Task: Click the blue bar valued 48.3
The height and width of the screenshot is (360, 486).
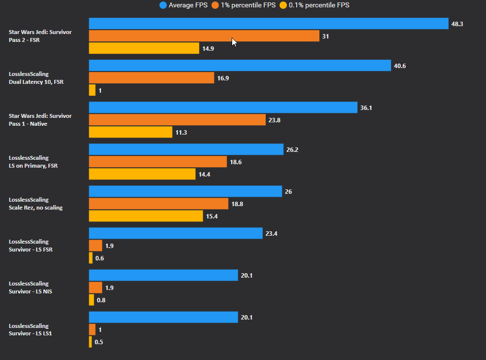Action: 268,24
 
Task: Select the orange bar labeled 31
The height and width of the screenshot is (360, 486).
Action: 204,36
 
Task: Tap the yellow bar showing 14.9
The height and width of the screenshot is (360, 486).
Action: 144,48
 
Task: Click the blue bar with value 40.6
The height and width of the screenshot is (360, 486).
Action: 240,66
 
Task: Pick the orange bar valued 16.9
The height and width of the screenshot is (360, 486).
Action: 151,78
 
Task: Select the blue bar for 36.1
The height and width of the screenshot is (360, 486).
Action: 223,108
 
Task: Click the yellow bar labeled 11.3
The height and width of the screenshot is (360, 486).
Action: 131,132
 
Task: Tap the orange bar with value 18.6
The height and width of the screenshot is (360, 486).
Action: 158,162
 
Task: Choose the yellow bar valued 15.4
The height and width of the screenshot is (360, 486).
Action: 145,216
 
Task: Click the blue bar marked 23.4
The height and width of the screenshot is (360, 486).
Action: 175,233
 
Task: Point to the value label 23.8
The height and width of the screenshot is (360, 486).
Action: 275,120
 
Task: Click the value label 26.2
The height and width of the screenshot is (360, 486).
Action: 292,149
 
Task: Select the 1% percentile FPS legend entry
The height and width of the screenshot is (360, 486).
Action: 243,5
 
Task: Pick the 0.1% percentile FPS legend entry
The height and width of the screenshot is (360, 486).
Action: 314,5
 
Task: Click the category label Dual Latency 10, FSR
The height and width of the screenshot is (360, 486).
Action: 36,82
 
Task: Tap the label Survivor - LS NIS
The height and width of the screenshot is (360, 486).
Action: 31,291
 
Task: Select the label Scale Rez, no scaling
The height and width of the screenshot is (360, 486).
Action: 36,208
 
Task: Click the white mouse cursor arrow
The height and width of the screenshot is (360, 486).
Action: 234,42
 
